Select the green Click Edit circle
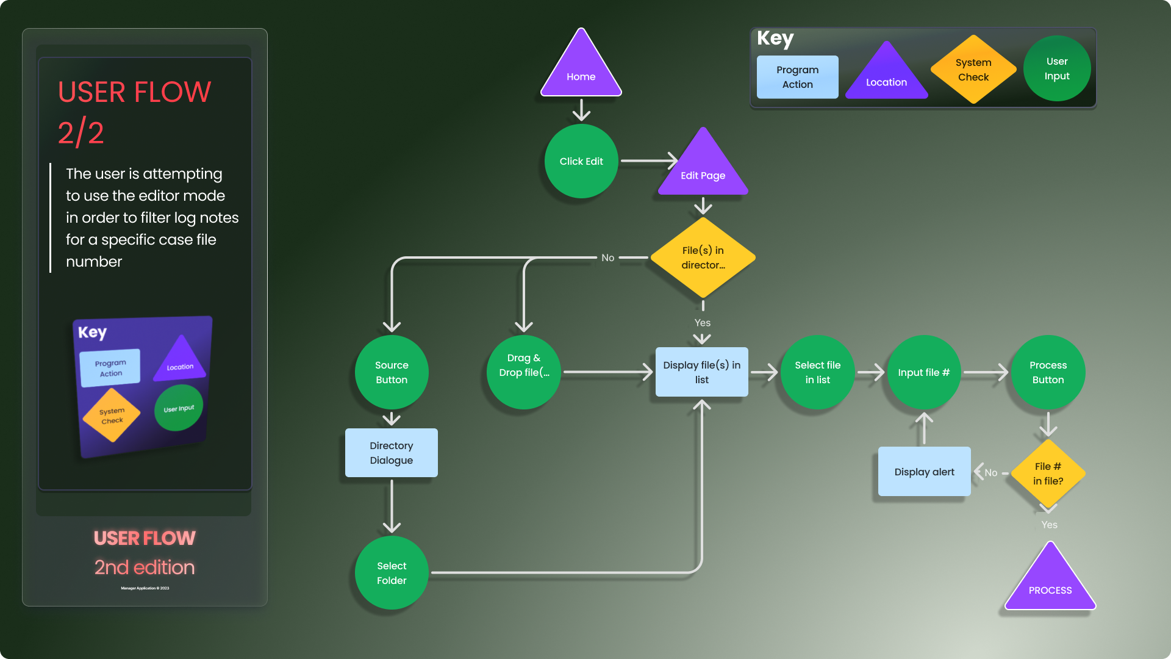pyautogui.click(x=581, y=161)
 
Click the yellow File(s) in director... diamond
pyautogui.click(x=703, y=257)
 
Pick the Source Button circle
pyautogui.click(x=392, y=372)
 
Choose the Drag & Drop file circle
pyautogui.click(x=524, y=372)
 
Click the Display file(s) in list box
pyautogui.click(x=702, y=372)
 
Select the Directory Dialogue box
pyautogui.click(x=392, y=453)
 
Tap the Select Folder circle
pyautogui.click(x=392, y=573)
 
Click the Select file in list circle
pyautogui.click(x=817, y=372)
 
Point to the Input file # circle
pyautogui.click(x=924, y=372)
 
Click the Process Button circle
pyautogui.click(x=1048, y=372)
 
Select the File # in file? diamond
pyautogui.click(x=1048, y=474)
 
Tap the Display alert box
pyautogui.click(x=924, y=472)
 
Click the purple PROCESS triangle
pyautogui.click(x=1050, y=583)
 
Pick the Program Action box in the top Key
pyautogui.click(x=798, y=77)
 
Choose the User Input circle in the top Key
pyautogui.click(x=1057, y=68)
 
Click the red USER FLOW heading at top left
pyautogui.click(x=135, y=92)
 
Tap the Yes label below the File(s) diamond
pyautogui.click(x=703, y=323)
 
